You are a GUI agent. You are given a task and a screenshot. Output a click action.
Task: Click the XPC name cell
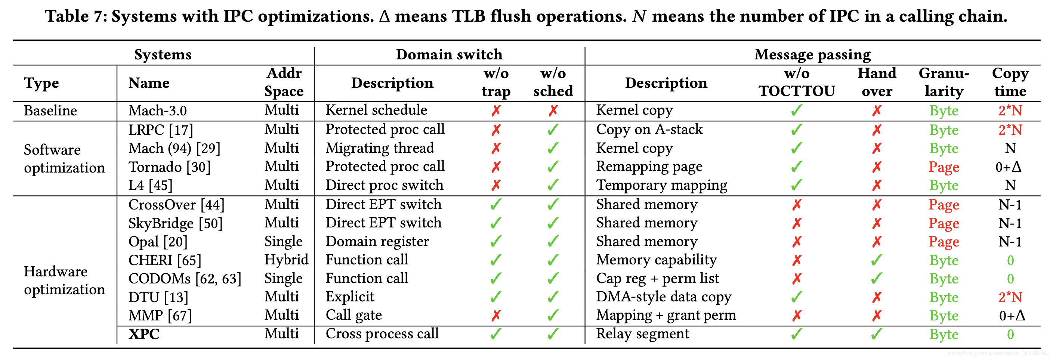click(x=144, y=334)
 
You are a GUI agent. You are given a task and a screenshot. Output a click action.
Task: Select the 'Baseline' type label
click(x=50, y=110)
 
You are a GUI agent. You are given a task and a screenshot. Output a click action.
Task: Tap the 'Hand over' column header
click(x=877, y=82)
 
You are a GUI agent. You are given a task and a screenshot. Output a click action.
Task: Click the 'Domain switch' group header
click(x=449, y=55)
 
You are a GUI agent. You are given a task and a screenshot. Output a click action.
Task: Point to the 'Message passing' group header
click(x=813, y=55)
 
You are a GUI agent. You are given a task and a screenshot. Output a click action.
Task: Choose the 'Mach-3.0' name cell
click(x=157, y=110)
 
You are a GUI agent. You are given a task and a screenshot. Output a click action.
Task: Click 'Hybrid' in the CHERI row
click(x=286, y=260)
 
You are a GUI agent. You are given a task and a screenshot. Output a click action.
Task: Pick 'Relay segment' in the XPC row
click(x=643, y=334)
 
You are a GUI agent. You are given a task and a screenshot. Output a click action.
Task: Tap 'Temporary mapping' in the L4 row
click(x=662, y=185)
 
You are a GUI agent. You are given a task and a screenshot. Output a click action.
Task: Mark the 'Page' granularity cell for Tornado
click(x=944, y=167)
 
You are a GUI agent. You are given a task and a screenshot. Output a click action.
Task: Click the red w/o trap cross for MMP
click(x=496, y=316)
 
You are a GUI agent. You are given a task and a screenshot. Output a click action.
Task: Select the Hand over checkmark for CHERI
click(x=876, y=260)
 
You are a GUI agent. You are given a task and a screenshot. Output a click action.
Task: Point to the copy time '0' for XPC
click(x=1010, y=334)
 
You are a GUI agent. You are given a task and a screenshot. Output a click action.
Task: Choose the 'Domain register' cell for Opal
click(x=377, y=241)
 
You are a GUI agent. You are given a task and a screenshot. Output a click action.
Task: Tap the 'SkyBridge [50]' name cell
click(x=175, y=223)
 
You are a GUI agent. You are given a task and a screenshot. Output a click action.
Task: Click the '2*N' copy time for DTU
click(x=1010, y=297)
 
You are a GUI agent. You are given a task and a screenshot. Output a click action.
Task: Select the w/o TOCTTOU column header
click(x=797, y=82)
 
